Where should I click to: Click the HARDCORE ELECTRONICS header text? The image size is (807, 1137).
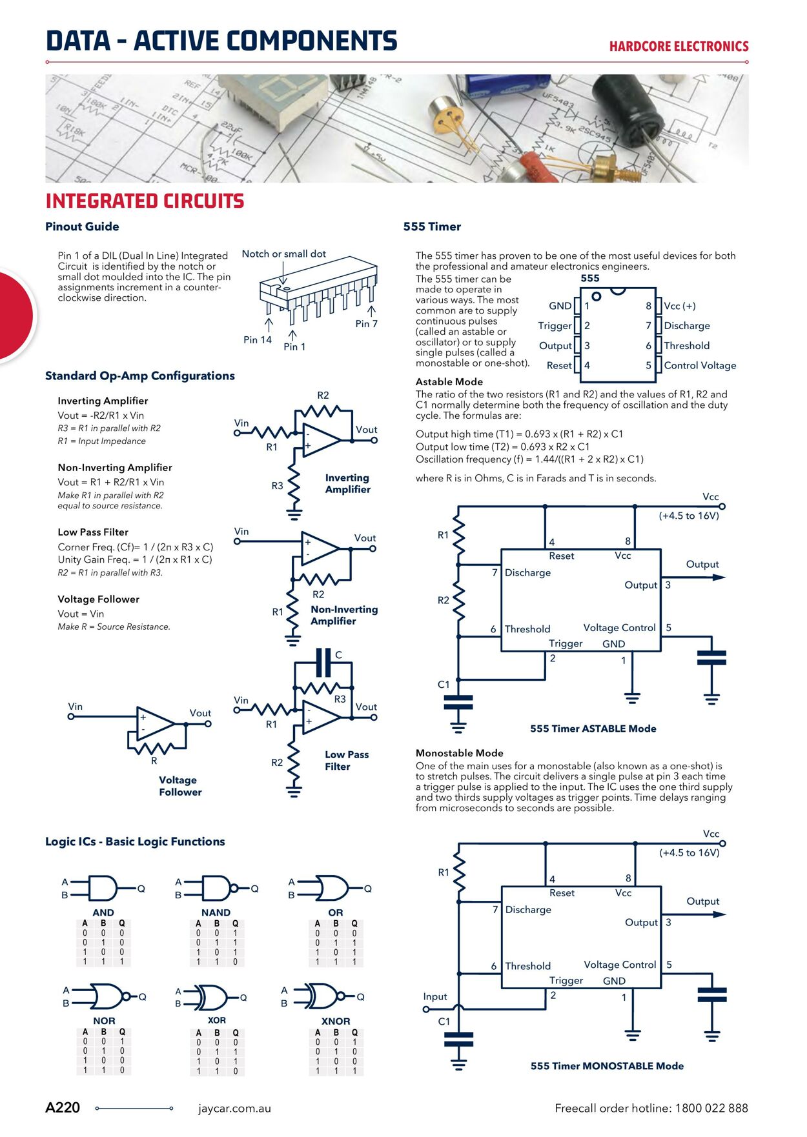tap(679, 46)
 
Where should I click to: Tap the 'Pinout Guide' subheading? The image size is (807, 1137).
tap(82, 226)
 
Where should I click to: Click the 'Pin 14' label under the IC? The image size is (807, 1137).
tap(258, 340)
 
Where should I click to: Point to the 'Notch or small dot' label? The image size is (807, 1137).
tap(283, 254)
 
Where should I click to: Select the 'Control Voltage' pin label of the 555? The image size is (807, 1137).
tap(700, 365)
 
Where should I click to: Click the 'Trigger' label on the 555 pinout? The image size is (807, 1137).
tap(555, 326)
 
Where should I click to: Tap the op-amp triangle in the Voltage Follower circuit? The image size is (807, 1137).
tap(154, 723)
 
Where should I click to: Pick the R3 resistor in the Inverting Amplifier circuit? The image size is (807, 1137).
tap(294, 485)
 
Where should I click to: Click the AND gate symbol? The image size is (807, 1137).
tap(103, 889)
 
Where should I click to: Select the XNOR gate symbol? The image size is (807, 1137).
tap(323, 997)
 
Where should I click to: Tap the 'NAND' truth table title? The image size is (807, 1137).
tap(216, 912)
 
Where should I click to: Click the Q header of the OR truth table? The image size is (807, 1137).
tap(354, 923)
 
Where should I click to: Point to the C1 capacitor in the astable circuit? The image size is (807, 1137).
tap(458, 703)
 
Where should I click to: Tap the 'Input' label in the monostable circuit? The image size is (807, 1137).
tap(434, 996)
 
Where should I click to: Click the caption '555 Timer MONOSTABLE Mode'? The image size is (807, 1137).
tap(607, 1066)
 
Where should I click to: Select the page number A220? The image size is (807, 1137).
tap(63, 1108)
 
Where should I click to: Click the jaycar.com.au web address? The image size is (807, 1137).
tap(234, 1109)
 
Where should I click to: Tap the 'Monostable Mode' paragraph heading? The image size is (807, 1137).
tap(459, 753)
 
